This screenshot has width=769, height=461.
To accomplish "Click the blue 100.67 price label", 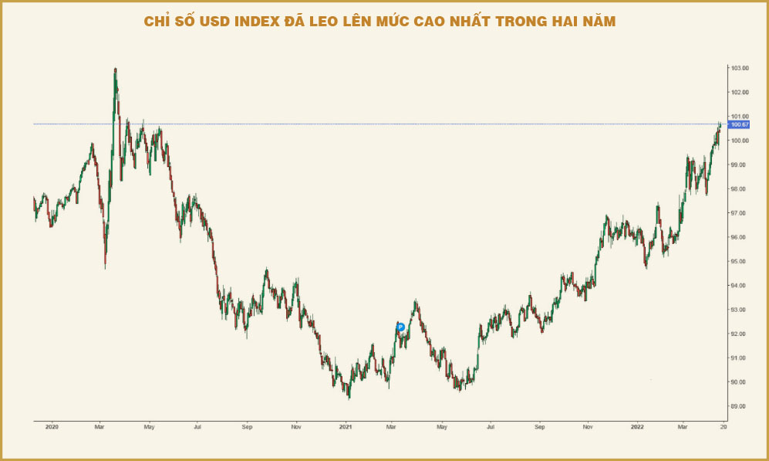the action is [x=740, y=124].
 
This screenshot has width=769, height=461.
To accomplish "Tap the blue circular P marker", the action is [x=400, y=327].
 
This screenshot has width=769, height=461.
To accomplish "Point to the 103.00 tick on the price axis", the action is [x=740, y=68].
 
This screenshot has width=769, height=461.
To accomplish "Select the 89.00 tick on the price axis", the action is [x=739, y=406].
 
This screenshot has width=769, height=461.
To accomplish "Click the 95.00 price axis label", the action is [x=739, y=262].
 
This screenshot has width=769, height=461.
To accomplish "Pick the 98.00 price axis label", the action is [x=739, y=189].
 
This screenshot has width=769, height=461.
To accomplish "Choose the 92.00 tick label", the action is [x=739, y=334].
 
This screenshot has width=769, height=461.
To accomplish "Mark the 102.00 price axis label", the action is [x=740, y=93].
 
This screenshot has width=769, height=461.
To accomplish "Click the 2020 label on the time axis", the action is [x=52, y=427].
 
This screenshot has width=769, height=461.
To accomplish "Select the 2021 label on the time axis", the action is [x=346, y=427].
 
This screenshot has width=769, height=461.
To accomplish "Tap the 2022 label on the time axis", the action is [x=637, y=427].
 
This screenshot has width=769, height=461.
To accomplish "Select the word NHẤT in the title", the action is [x=472, y=21].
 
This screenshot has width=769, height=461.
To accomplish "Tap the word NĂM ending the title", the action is [x=599, y=21].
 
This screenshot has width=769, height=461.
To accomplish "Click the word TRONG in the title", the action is [x=522, y=22].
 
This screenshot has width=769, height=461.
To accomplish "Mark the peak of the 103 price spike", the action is [x=115, y=69].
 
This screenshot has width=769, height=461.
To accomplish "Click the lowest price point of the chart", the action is [x=349, y=399].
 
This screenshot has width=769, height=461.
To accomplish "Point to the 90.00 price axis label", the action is [x=739, y=382].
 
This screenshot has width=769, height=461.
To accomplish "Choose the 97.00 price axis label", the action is [x=739, y=213].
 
